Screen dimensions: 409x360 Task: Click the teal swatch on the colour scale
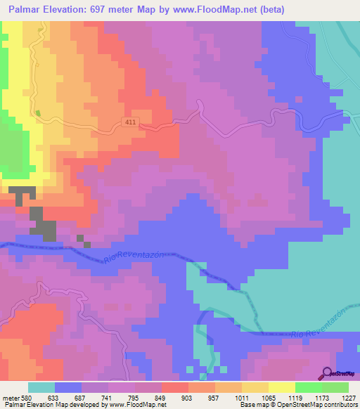pos(41,387)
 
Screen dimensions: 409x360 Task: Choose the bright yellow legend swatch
pos(282,387)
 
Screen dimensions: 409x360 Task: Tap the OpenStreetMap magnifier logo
pos(327,374)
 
